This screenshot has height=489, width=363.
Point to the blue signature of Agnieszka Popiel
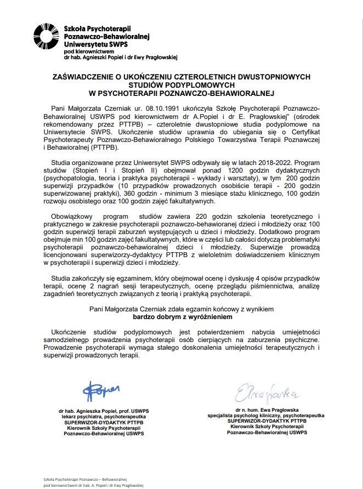point(103,389)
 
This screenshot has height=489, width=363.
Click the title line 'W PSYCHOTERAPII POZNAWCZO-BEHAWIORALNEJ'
point(181,93)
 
